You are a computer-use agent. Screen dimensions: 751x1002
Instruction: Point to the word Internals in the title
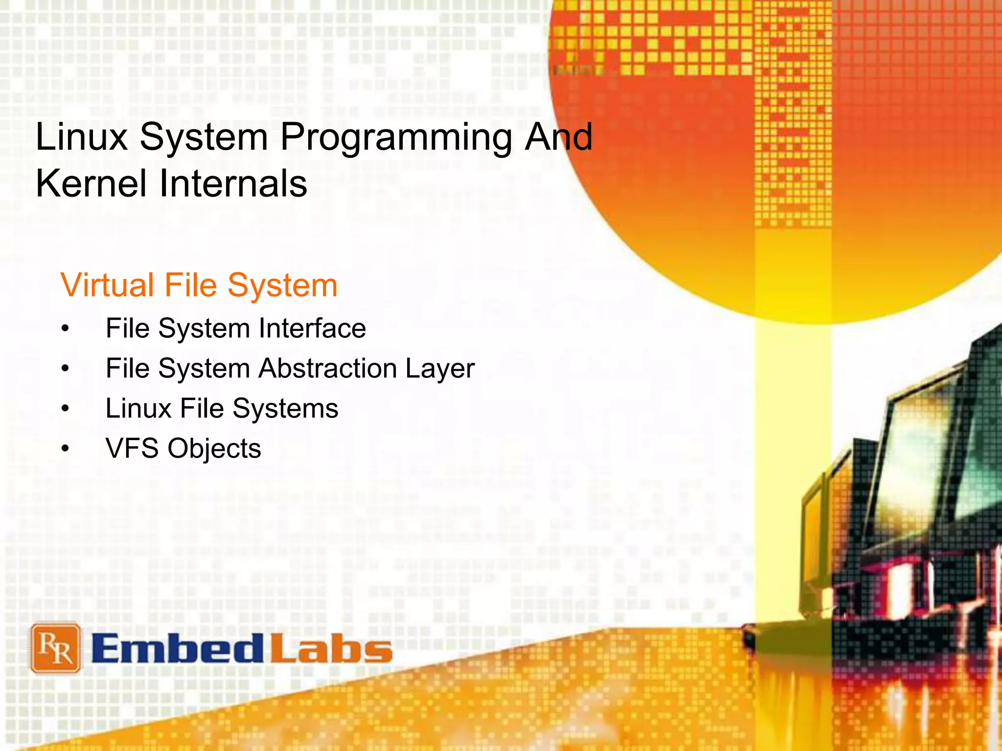pos(233,183)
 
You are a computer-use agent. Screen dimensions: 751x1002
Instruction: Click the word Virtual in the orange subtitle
pos(107,285)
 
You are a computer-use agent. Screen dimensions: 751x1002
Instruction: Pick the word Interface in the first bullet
pos(312,328)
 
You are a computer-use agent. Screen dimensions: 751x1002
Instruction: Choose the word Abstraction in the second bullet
pos(327,368)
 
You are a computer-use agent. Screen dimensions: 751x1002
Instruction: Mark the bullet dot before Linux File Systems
pos(66,409)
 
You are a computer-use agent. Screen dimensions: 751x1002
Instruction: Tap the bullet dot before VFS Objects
pos(66,449)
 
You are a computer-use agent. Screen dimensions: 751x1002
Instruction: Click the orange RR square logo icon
pos(55,648)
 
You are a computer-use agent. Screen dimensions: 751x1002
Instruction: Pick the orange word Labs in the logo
pos(331,649)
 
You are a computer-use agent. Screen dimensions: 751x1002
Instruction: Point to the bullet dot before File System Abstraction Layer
pos(66,369)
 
